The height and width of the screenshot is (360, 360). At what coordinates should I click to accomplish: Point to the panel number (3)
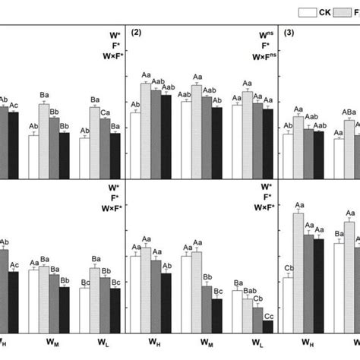point(290,32)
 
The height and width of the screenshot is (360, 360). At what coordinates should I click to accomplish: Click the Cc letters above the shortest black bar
point(268,315)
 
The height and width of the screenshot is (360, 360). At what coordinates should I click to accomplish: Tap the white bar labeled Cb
point(288,305)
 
